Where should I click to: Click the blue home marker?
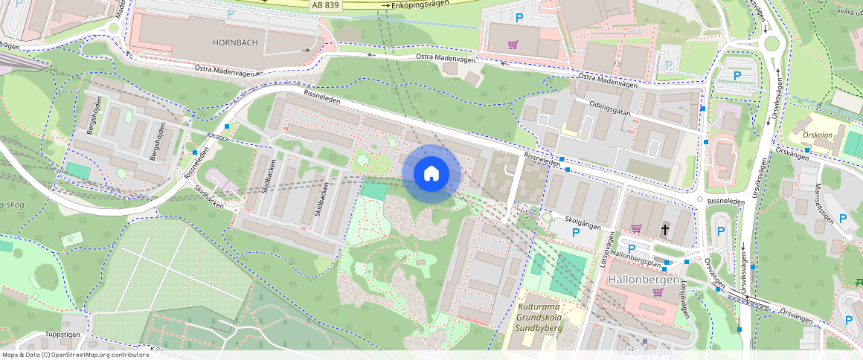(x=431, y=173)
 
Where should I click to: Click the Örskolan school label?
(x=819, y=137)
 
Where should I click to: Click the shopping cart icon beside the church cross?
(x=636, y=228)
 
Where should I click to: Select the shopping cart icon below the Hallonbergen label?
(x=658, y=292)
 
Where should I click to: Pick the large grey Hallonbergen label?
(x=644, y=280)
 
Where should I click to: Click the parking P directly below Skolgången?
(x=575, y=233)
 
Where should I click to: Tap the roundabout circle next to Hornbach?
(x=113, y=29)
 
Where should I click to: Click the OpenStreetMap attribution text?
(x=74, y=355)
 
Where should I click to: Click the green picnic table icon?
(x=859, y=281)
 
